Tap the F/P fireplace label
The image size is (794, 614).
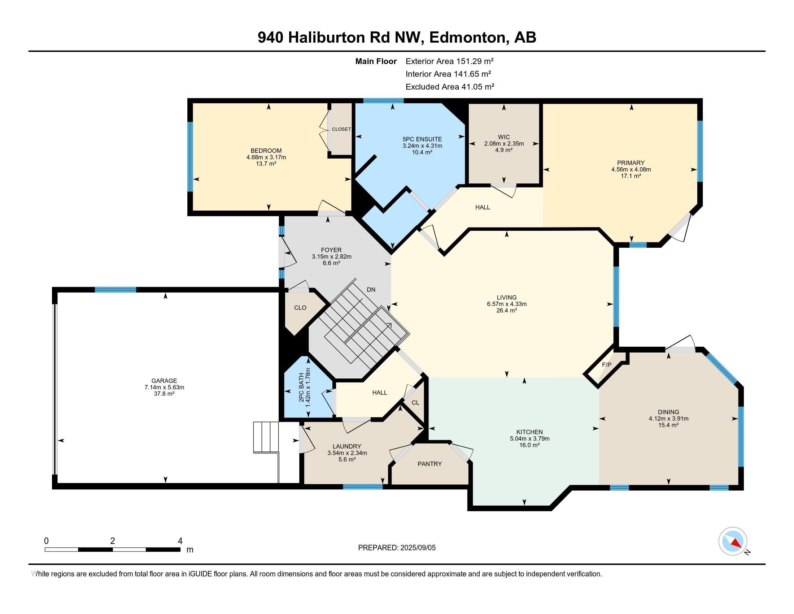click(607, 365)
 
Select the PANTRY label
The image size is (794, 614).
click(430, 464)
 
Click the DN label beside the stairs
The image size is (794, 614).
click(371, 290)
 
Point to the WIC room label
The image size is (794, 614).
click(504, 137)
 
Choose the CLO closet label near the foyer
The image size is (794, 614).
click(300, 308)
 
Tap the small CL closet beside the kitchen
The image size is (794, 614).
click(415, 403)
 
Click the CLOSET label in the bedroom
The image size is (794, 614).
click(341, 129)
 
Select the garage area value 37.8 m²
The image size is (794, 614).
click(164, 393)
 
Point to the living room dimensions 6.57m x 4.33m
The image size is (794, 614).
click(507, 304)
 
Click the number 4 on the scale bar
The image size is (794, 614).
click(180, 541)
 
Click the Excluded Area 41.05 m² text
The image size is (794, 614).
click(450, 87)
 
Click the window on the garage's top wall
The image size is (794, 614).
click(115, 290)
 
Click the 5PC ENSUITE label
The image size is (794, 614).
click(422, 139)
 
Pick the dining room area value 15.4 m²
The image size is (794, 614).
click(668, 425)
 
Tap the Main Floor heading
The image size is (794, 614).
click(376, 61)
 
